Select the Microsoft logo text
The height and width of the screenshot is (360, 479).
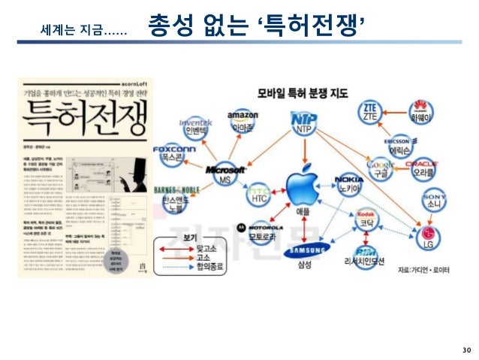pyautogui.click(x=226, y=168)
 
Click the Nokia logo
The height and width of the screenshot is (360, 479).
pyautogui.click(x=351, y=181)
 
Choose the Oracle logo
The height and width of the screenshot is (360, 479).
pyautogui.click(x=420, y=164)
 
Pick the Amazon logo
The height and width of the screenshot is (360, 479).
pyautogui.click(x=243, y=116)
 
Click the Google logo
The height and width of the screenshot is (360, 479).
pyautogui.click(x=379, y=164)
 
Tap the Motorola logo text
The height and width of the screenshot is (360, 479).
pyautogui.click(x=265, y=226)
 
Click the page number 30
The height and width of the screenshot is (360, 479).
pyautogui.click(x=465, y=349)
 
